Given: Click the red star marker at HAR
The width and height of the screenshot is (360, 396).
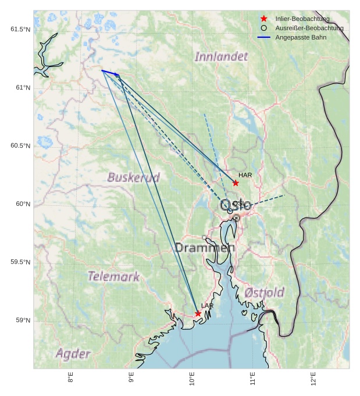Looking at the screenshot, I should [x=236, y=183].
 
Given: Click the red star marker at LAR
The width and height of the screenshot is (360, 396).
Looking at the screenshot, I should [x=198, y=313].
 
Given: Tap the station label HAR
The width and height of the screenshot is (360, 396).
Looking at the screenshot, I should [x=245, y=175].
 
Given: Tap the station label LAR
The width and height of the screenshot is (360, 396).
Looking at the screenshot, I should [x=208, y=305].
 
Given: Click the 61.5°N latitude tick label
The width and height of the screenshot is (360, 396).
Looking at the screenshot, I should [x=20, y=29].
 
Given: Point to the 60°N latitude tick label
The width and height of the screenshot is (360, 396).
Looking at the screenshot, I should [x=23, y=204].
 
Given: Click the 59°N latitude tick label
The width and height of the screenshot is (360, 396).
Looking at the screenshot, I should [x=23, y=320].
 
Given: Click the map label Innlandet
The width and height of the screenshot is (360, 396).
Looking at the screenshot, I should [x=221, y=56].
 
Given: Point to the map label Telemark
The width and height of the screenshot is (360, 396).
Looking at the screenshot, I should [x=113, y=276].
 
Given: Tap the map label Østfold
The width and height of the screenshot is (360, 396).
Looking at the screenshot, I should [x=264, y=292].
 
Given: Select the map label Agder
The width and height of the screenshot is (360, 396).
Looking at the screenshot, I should [x=73, y=354].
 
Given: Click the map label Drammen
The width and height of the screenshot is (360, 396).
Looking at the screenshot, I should [x=205, y=248].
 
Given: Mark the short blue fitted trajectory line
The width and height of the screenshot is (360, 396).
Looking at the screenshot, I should [x=110, y=73].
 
